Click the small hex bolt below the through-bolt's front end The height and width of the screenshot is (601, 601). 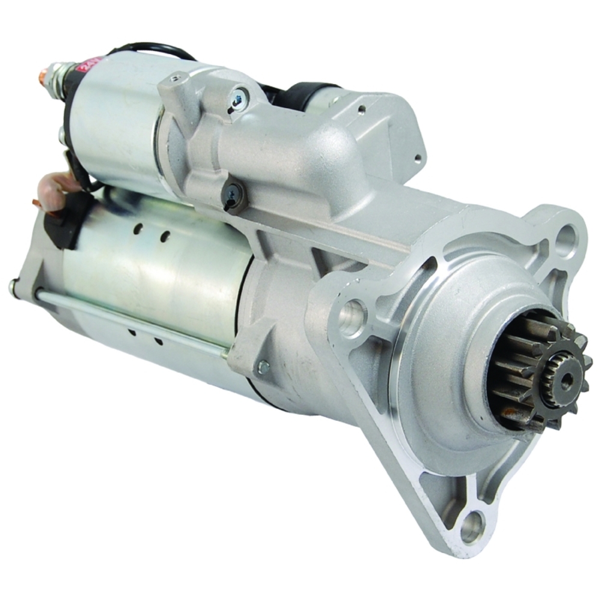coord(263,366)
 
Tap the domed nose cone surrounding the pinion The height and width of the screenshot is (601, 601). coord(457,361)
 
